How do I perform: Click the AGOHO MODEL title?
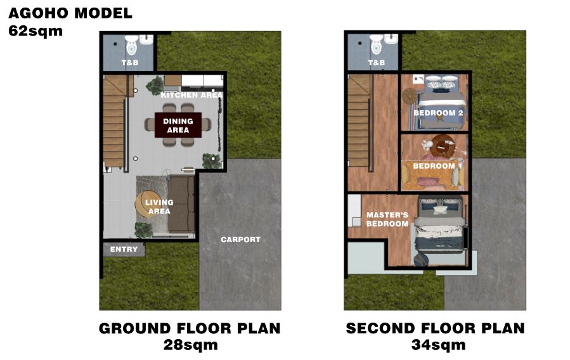[70, 13]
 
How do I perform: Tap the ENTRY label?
[124, 249]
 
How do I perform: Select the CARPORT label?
[241, 240]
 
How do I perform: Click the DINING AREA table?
[178, 125]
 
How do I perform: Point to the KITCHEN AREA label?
[191, 95]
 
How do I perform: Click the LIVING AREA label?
[159, 207]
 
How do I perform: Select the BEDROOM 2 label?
[438, 113]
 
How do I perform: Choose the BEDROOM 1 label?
[437, 166]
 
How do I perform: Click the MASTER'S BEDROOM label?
[387, 219]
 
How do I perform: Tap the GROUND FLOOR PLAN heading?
[190, 328]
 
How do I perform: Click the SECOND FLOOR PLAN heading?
[436, 328]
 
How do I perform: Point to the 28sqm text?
[190, 345]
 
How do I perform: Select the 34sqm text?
[438, 345]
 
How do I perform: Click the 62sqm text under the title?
[36, 31]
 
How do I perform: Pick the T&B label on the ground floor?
[130, 63]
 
